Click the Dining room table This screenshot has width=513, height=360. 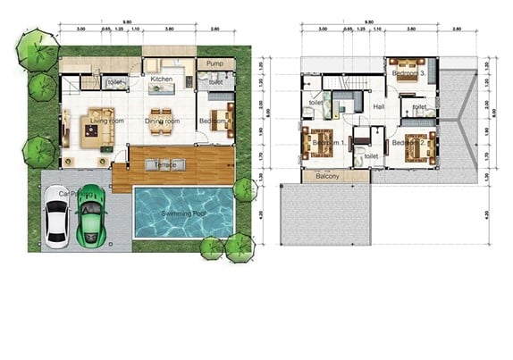point(161,130)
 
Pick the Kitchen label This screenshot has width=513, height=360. point(161,80)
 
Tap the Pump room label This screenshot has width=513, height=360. point(214,65)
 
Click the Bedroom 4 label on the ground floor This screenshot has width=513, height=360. point(211,120)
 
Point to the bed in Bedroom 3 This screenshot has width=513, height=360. point(408,70)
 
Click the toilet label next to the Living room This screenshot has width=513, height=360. point(114,83)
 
